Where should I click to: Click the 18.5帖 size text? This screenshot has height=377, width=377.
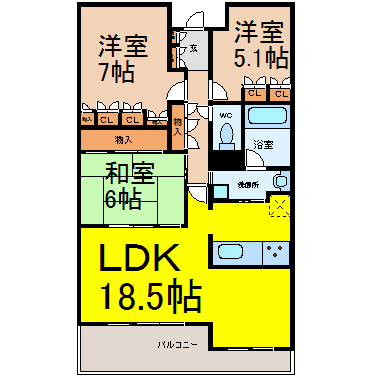click(x=150, y=297)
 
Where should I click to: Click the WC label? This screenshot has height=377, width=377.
click(x=225, y=113)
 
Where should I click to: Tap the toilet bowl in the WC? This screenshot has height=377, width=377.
click(x=226, y=136)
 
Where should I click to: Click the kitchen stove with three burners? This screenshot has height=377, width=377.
click(x=276, y=252)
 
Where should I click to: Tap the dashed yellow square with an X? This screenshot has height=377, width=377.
click(x=279, y=207)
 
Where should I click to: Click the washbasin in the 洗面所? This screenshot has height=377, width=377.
click(x=281, y=181)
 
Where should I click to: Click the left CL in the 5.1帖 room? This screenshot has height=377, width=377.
click(x=255, y=95)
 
